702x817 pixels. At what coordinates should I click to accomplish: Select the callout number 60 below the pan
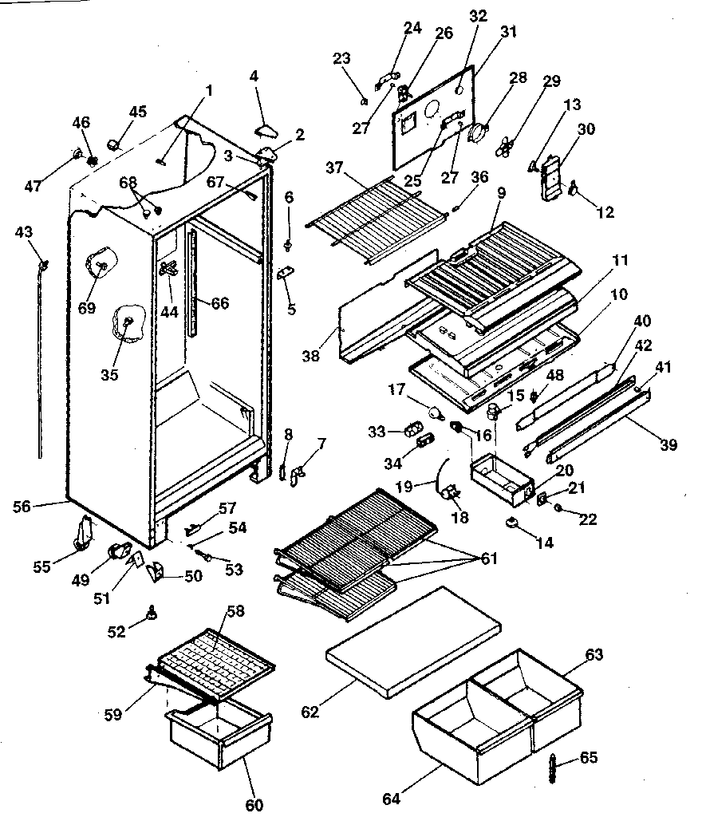254,804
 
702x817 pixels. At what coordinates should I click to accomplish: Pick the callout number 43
25,231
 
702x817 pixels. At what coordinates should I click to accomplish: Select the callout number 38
311,356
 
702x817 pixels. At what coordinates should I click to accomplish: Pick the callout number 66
219,303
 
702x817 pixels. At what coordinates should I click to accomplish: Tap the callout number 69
86,307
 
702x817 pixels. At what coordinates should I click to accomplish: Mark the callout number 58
236,611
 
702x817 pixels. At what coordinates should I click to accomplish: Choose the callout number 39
668,444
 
